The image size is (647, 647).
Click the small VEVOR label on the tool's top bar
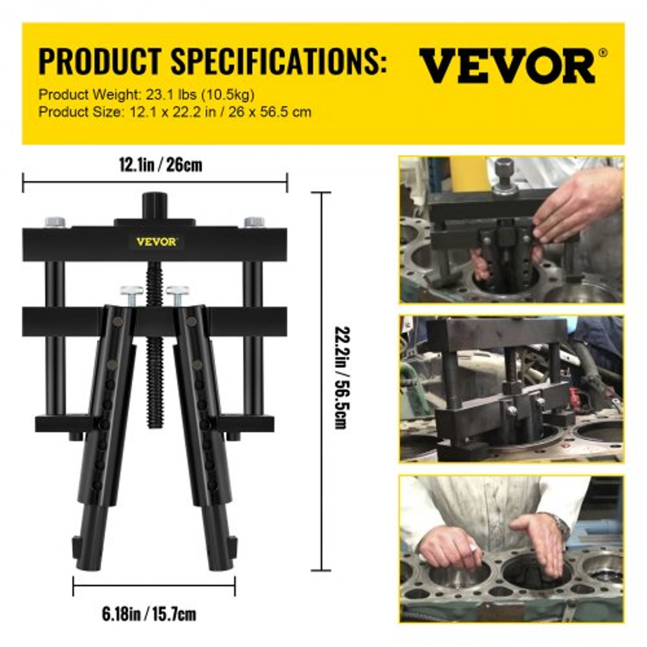(156, 241)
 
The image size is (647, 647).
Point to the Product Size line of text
(175, 112)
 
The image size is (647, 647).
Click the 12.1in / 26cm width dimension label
(155, 165)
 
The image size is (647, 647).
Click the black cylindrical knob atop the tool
(155, 205)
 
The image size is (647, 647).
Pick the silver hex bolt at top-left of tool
(55, 222)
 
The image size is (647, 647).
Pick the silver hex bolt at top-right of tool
(254, 222)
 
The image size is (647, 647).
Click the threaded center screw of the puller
(154, 362)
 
